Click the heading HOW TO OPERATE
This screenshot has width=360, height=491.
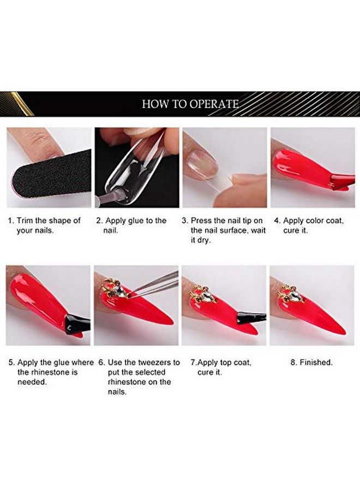point(190,104)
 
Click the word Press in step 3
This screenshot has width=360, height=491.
point(202,220)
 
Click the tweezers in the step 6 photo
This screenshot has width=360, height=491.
point(153,284)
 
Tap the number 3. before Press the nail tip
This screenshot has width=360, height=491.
point(185,220)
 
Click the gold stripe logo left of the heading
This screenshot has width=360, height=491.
point(16,104)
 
